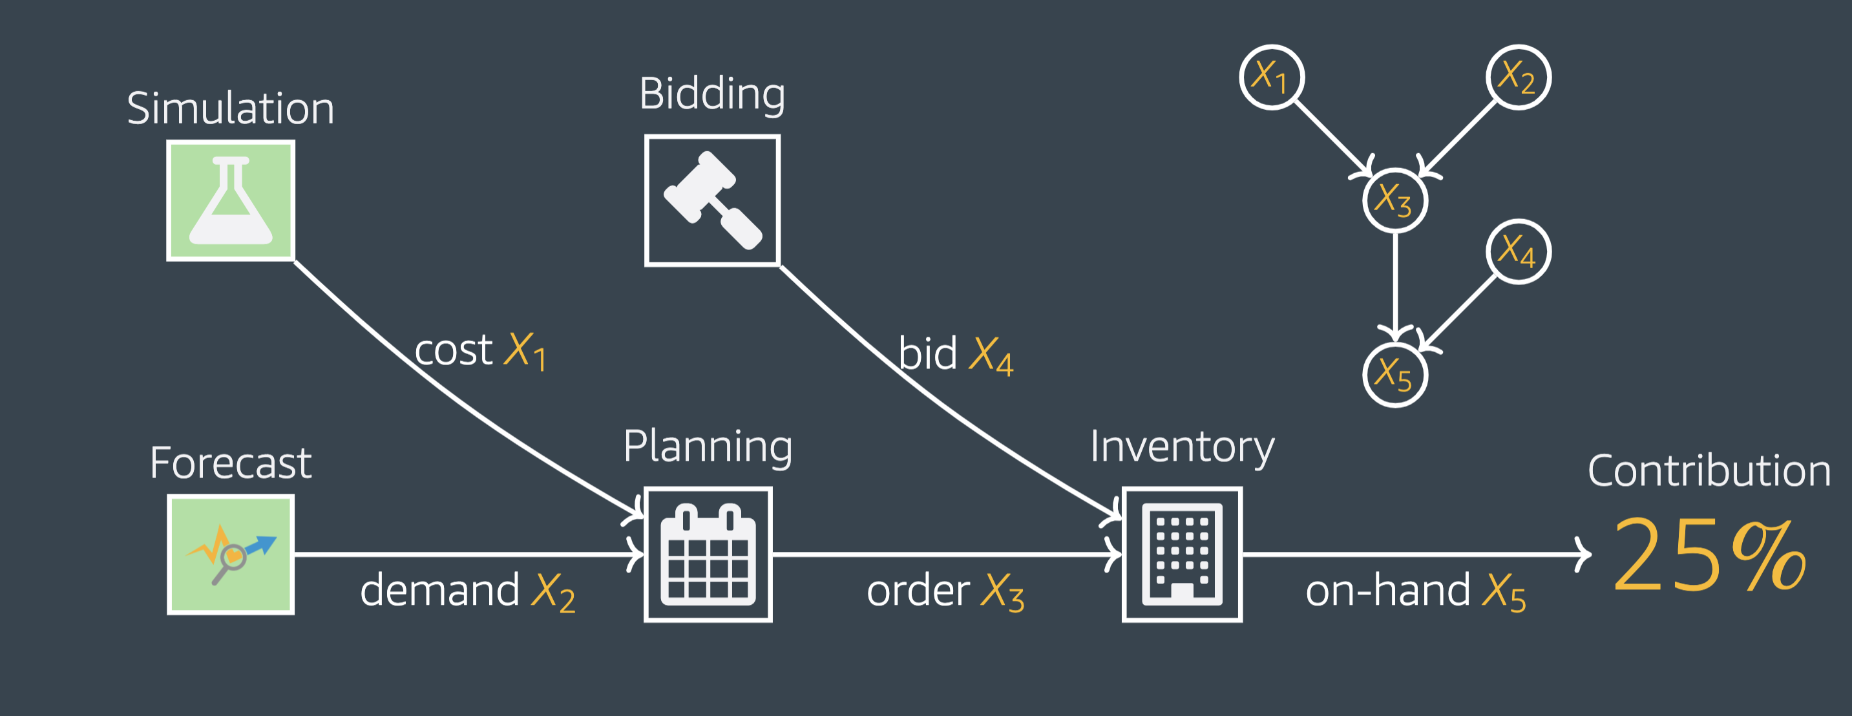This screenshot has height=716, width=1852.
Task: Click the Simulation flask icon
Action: point(231,200)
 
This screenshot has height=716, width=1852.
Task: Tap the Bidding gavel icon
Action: point(711,200)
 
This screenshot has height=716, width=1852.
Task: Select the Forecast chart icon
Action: point(231,554)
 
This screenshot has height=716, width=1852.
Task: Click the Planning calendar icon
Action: point(708,554)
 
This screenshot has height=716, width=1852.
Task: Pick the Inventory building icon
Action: point(1182,554)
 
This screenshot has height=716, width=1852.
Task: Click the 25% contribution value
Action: point(1709,556)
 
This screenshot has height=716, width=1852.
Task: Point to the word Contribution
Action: point(1709,472)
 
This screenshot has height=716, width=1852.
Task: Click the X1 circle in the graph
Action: point(1272,77)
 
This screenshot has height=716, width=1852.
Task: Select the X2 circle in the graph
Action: point(1518,77)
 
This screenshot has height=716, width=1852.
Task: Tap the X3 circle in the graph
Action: point(1394,200)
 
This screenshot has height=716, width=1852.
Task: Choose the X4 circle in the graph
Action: point(1518,251)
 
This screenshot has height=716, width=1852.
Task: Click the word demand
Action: point(439,590)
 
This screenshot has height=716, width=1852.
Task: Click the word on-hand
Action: point(1387,591)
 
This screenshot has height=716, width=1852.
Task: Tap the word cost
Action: point(454,351)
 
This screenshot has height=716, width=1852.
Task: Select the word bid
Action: point(927,353)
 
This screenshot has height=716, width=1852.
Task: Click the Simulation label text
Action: point(231,109)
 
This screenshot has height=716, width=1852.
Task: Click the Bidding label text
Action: point(711,94)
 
